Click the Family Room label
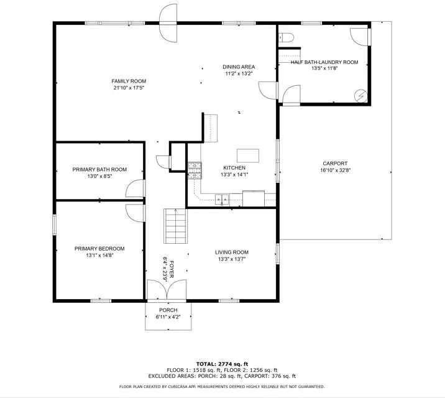tap(129, 81)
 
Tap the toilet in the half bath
tap(286, 37)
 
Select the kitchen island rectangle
tap(248, 155)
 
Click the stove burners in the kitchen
tap(195, 170)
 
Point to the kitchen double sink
tap(222, 199)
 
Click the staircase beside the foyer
tap(175, 226)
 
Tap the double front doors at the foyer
tap(167, 290)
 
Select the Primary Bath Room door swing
tap(135, 188)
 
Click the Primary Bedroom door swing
tap(135, 213)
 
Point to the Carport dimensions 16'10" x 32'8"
tap(335, 170)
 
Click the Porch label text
tap(168, 310)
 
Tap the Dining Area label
tap(239, 67)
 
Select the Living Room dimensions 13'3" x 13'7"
tap(232, 259)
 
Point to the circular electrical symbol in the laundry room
tap(361, 96)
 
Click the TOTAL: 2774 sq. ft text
tap(222, 364)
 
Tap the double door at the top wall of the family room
tap(168, 23)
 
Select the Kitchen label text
tap(234, 168)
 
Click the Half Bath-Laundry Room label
tap(324, 62)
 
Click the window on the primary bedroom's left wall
tap(54, 224)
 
